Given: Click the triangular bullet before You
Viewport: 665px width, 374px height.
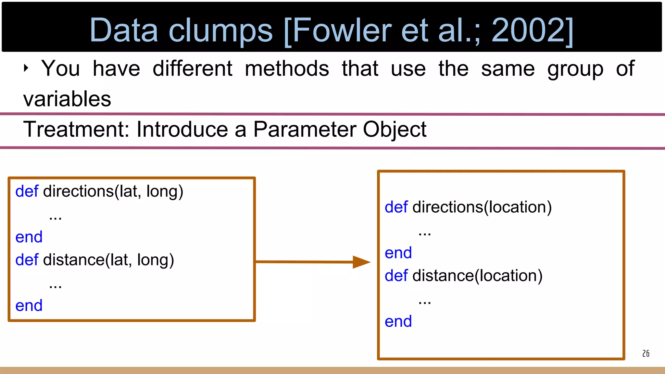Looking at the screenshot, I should (x=26, y=68).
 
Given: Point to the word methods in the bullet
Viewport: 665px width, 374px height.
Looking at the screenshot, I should (x=287, y=69).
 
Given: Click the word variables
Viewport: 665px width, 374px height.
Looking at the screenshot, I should (x=67, y=99).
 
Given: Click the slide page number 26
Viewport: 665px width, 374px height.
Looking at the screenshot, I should (x=646, y=354).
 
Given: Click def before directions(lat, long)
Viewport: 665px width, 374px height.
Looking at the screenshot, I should (x=27, y=191).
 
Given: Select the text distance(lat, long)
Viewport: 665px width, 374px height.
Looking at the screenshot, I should (x=108, y=260).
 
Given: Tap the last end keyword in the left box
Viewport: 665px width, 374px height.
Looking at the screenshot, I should (x=29, y=306).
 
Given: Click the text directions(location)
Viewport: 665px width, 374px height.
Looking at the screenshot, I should (x=482, y=207).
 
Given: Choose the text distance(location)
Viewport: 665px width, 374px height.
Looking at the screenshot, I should (x=477, y=276).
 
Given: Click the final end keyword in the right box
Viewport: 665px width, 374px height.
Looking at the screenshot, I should (x=398, y=322).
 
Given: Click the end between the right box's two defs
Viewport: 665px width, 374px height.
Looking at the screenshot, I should (x=398, y=253).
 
